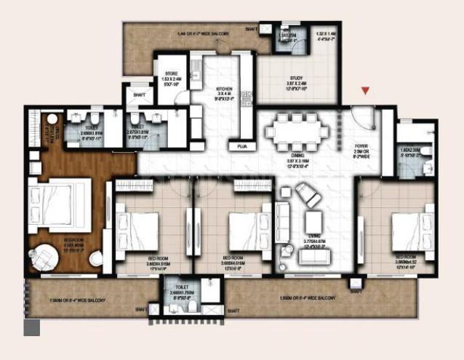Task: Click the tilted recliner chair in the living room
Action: [308, 195]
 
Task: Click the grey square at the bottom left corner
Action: [31, 328]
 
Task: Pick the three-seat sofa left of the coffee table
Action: [282, 222]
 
